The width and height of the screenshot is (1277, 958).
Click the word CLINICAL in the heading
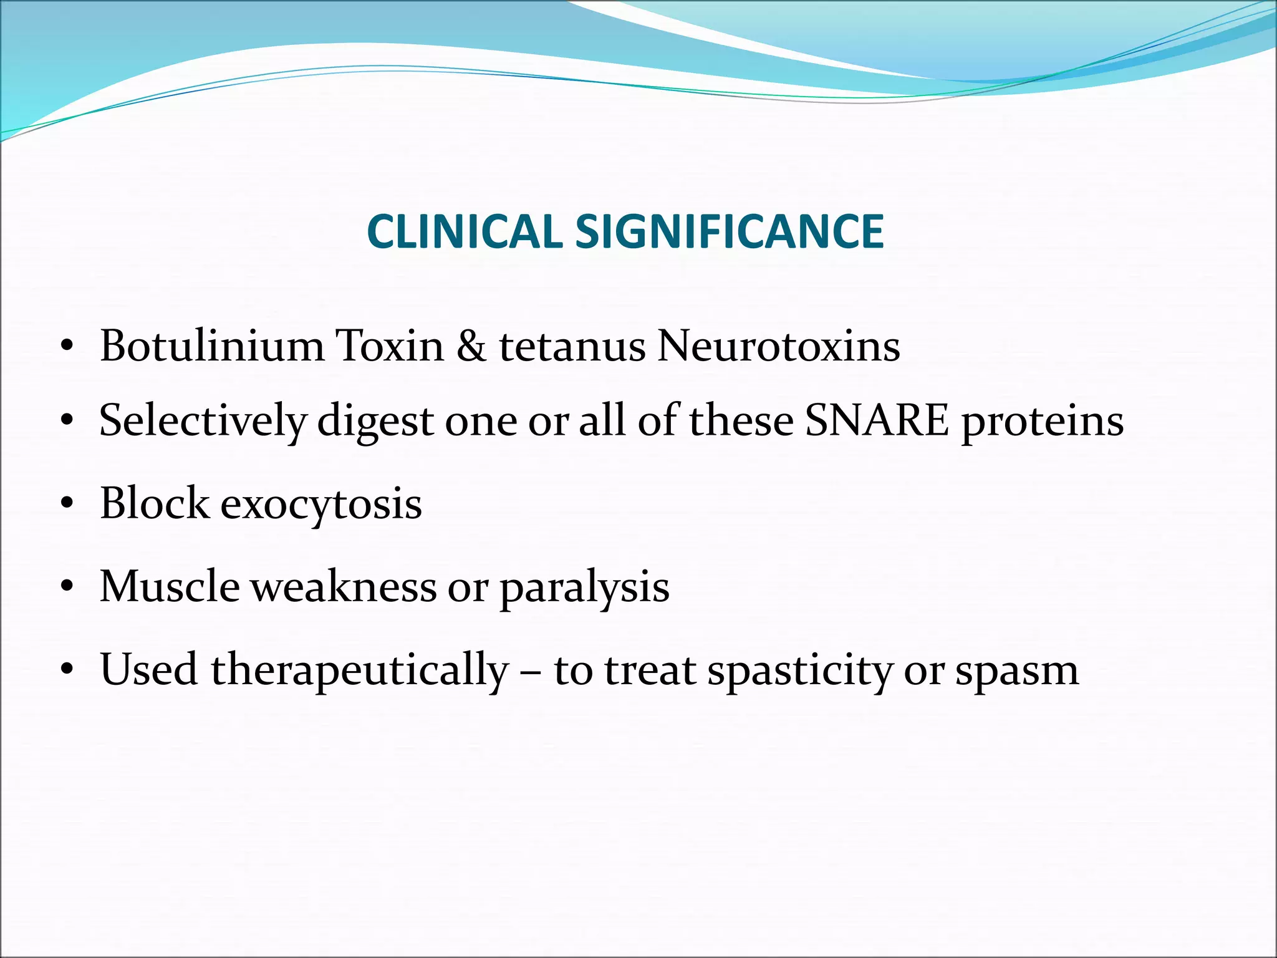465,232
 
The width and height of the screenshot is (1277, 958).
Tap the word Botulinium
212,346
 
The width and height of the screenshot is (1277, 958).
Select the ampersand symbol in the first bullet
471,346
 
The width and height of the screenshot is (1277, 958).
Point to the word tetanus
572,347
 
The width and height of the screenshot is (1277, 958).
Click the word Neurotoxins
778,346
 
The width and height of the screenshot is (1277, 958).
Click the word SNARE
877,420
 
